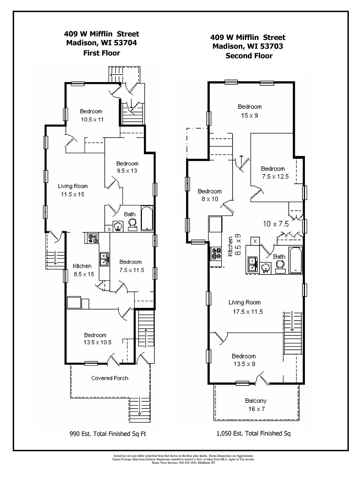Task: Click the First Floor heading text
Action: [x=102, y=53]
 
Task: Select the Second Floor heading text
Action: [x=249, y=56]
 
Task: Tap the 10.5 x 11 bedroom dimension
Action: [x=92, y=119]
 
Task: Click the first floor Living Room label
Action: [x=73, y=186]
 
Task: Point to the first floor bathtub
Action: [x=147, y=218]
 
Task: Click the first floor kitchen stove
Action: [x=93, y=238]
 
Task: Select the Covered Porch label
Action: [x=109, y=378]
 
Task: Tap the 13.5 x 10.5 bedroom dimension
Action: [x=97, y=342]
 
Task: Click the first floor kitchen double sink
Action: [x=104, y=258]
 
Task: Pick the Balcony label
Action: [x=256, y=401]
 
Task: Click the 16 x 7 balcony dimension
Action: [x=256, y=409]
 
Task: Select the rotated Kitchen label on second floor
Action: [x=230, y=246]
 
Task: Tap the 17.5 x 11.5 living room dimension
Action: [x=248, y=312]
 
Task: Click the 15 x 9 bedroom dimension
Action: [x=249, y=116]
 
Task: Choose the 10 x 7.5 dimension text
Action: [x=276, y=224]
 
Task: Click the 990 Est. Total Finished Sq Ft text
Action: [x=107, y=434]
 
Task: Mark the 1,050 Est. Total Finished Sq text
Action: [x=253, y=433]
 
